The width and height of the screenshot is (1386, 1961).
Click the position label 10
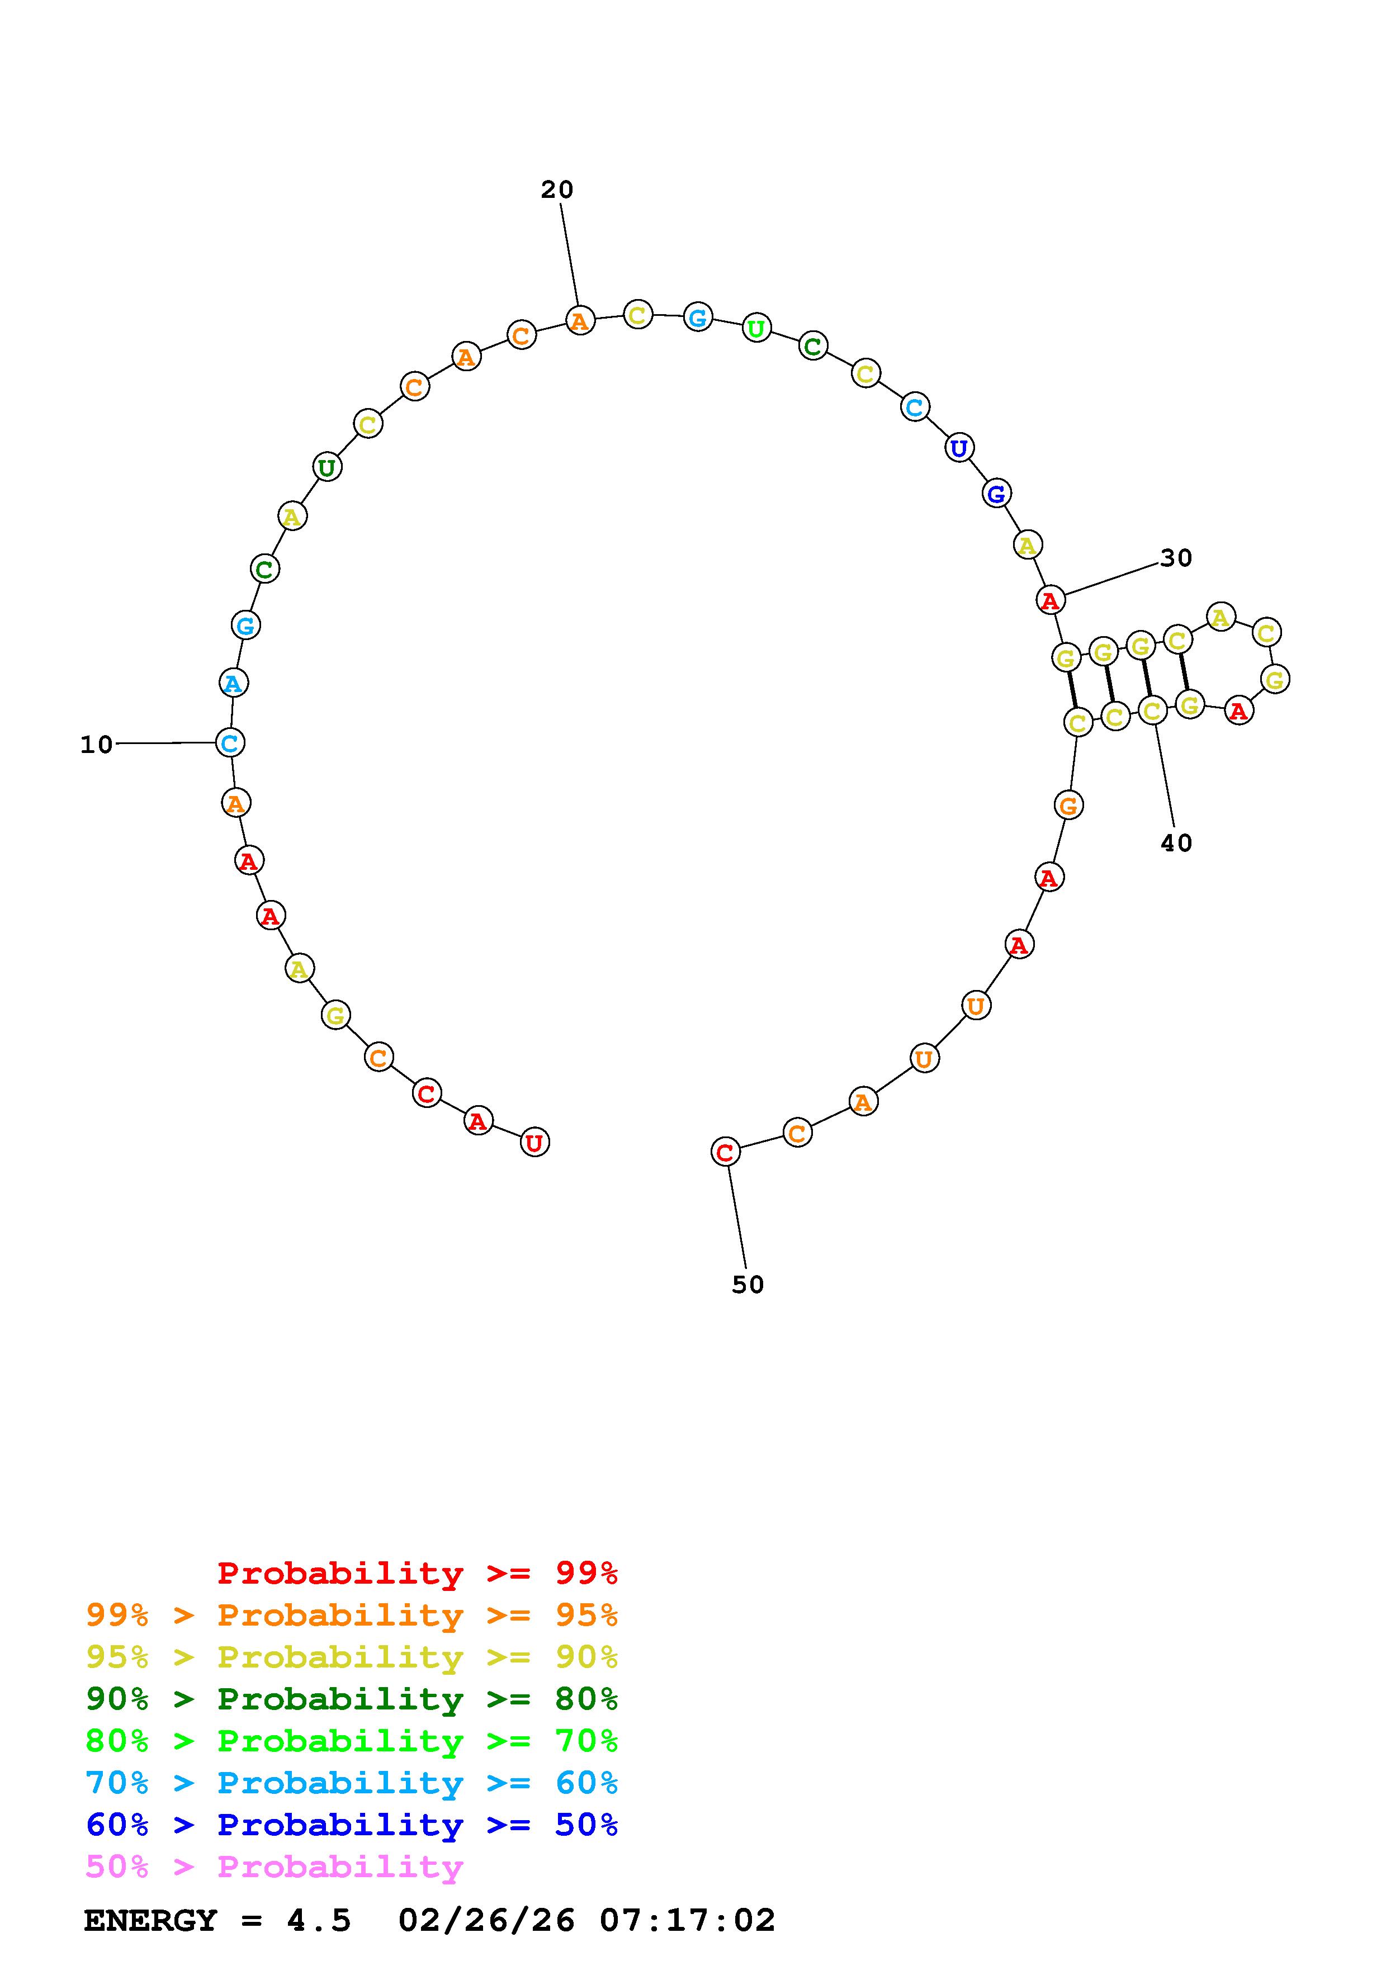[97, 745]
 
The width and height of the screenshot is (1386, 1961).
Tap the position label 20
[557, 190]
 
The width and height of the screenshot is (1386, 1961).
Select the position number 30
[1176, 558]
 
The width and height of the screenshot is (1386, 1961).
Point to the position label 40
[1176, 843]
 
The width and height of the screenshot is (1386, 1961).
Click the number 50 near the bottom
[748, 1285]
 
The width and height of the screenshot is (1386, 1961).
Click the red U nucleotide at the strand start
[534, 1142]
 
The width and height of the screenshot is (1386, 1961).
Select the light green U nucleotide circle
[756, 328]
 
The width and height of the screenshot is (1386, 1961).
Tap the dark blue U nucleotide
[959, 448]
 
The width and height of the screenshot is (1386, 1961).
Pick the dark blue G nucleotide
[996, 493]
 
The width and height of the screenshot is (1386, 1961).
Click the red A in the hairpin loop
[1238, 710]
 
